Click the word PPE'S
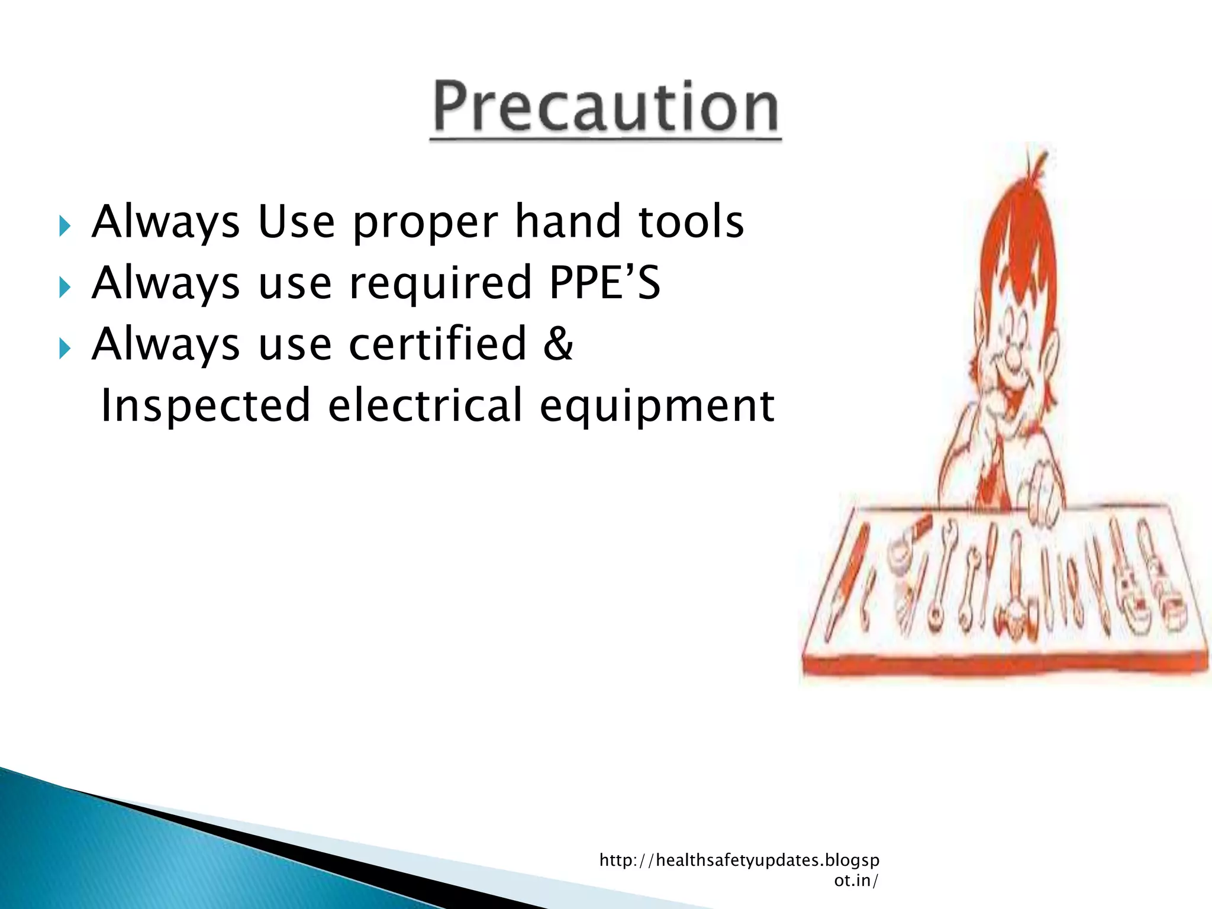[x=604, y=283]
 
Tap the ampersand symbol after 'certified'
[x=558, y=343]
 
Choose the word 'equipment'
[x=656, y=408]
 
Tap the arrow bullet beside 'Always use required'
[x=65, y=288]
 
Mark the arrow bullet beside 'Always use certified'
[x=65, y=349]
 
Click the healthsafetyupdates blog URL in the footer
[x=739, y=869]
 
